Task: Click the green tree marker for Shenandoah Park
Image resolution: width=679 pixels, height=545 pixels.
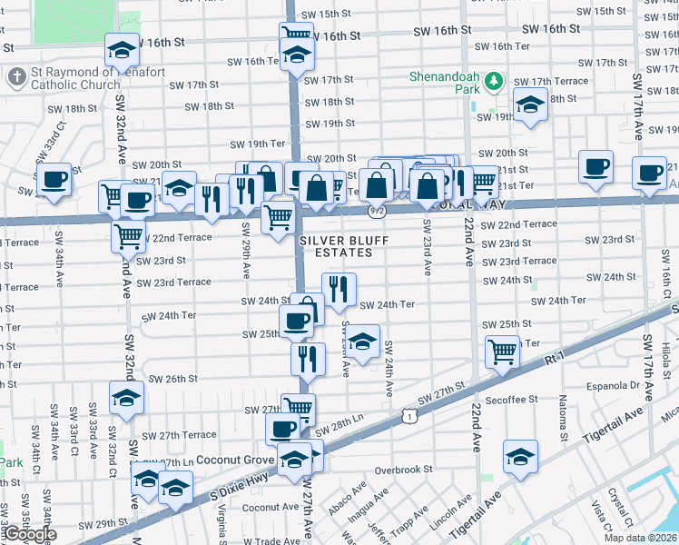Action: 494,83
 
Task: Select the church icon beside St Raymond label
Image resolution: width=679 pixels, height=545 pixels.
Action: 15,77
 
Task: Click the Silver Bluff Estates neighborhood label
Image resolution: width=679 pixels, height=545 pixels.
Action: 337,245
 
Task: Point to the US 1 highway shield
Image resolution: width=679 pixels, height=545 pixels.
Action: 410,416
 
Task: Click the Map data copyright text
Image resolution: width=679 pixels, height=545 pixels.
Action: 641,538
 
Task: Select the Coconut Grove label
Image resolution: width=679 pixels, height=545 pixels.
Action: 233,460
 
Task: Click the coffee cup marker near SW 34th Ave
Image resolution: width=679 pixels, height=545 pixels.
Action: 54,178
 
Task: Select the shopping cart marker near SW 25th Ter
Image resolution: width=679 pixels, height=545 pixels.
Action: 502,351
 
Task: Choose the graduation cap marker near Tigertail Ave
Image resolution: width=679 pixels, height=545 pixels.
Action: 520,457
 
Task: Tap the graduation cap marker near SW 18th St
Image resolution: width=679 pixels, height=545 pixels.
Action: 530,104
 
